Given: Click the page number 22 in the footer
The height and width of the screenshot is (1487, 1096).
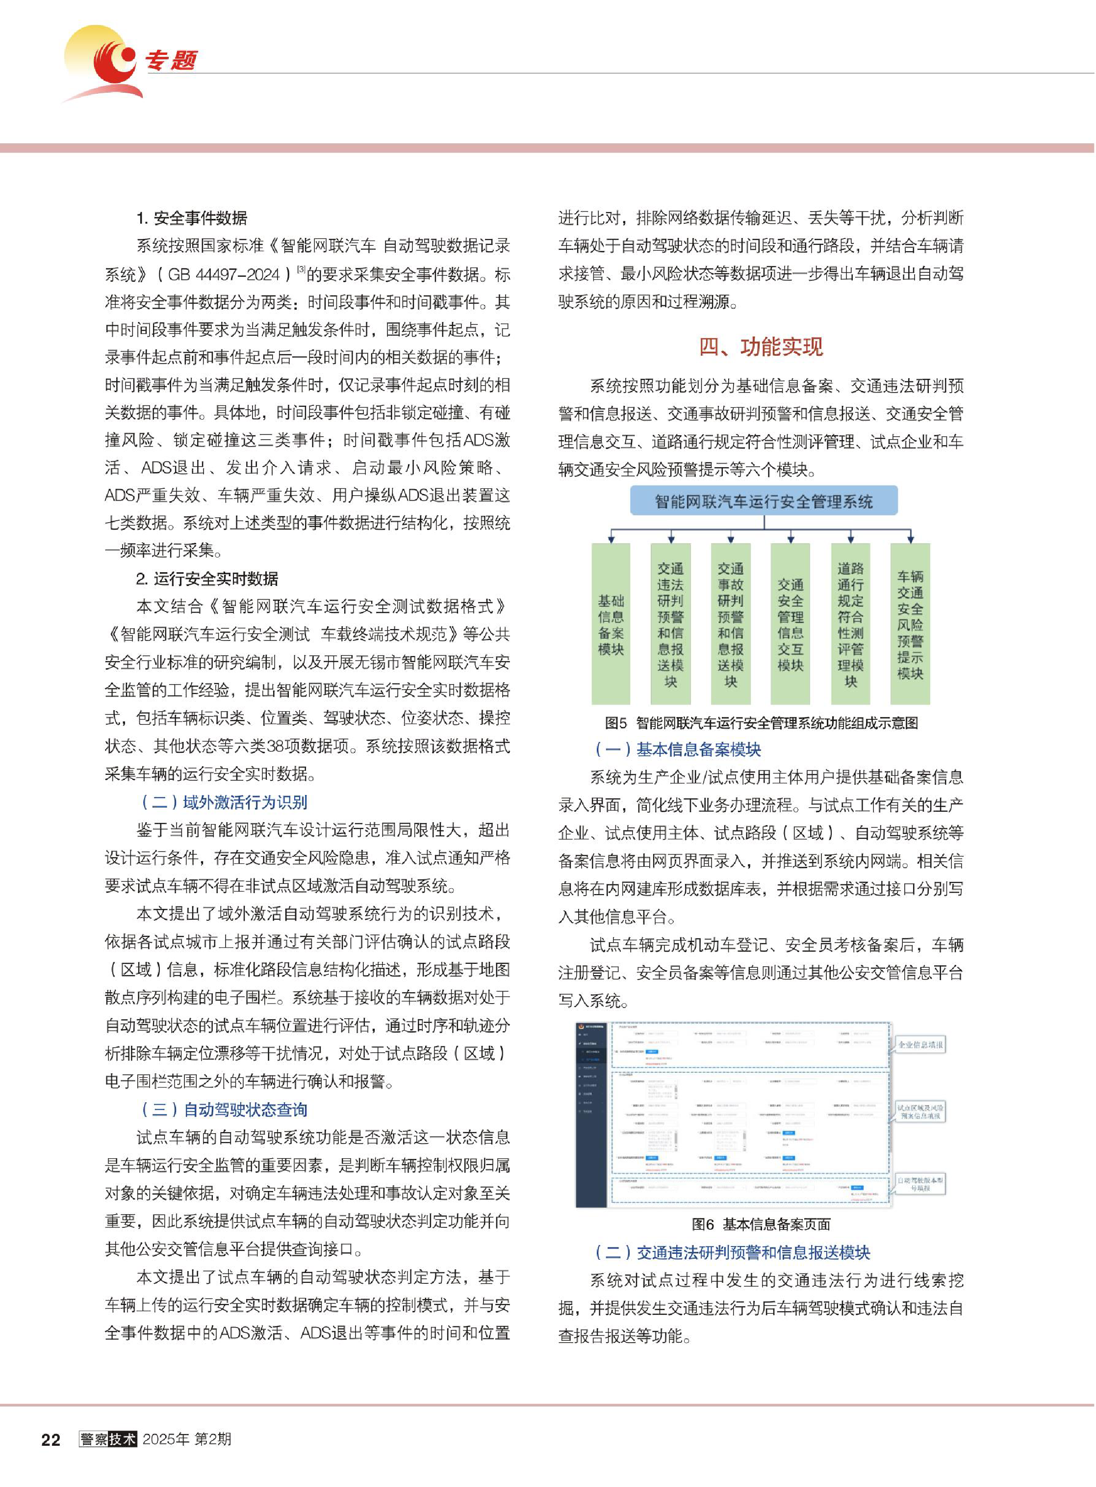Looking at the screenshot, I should [x=51, y=1439].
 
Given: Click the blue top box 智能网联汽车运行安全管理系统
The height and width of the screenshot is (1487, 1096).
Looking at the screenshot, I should [x=764, y=501].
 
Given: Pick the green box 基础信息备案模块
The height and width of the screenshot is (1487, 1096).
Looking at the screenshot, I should [x=611, y=624].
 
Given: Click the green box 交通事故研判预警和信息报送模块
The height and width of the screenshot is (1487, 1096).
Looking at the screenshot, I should [x=731, y=624].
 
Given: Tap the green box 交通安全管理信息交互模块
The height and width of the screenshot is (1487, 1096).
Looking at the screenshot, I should [x=790, y=624].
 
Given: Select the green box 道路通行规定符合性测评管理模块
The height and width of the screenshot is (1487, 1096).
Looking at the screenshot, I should [x=850, y=624].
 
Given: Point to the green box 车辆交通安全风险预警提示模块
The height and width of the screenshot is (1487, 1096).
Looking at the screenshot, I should [x=910, y=624].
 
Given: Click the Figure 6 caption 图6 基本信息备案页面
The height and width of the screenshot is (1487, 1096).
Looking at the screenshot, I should [x=761, y=1224].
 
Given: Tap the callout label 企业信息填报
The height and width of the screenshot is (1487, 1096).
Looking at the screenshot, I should [x=919, y=1045].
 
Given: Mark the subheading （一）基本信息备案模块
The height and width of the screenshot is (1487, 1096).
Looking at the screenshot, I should [x=677, y=749].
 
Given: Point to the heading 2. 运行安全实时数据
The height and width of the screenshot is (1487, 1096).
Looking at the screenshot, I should [x=207, y=578].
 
